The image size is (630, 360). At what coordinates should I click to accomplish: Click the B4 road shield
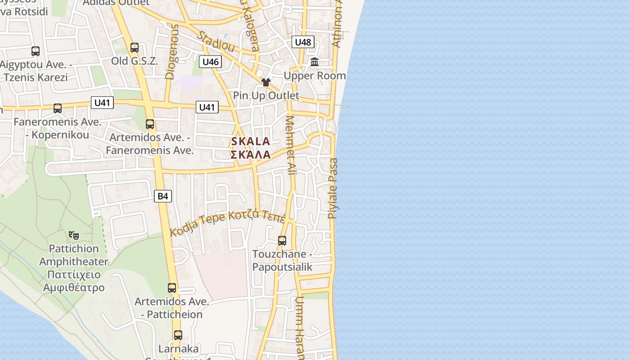[163, 196]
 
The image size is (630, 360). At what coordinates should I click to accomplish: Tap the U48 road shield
[303, 42]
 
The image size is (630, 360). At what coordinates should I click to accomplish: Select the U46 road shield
[211, 62]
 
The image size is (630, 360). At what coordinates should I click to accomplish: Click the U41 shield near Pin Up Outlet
[207, 107]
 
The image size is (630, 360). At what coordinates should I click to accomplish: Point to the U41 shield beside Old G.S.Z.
[102, 103]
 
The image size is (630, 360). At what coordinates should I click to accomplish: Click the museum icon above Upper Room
[315, 62]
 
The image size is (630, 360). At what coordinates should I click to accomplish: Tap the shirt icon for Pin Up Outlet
[266, 82]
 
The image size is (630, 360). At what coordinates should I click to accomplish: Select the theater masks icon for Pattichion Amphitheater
[74, 234]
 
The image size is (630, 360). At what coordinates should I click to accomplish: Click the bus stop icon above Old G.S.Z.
[135, 48]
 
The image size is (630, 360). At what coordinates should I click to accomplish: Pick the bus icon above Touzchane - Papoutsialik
[282, 241]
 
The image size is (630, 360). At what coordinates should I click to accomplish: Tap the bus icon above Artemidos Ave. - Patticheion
[172, 288]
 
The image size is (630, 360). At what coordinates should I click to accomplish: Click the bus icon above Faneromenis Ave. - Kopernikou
[58, 108]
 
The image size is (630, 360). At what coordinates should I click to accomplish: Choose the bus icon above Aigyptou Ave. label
[36, 51]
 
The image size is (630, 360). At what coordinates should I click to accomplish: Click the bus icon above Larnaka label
[178, 335]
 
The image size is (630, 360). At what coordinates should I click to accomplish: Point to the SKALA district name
[251, 141]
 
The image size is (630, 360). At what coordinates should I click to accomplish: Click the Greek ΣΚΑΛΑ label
[251, 155]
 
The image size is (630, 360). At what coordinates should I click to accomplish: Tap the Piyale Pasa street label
[333, 188]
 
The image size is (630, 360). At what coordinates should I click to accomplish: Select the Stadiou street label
[216, 41]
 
